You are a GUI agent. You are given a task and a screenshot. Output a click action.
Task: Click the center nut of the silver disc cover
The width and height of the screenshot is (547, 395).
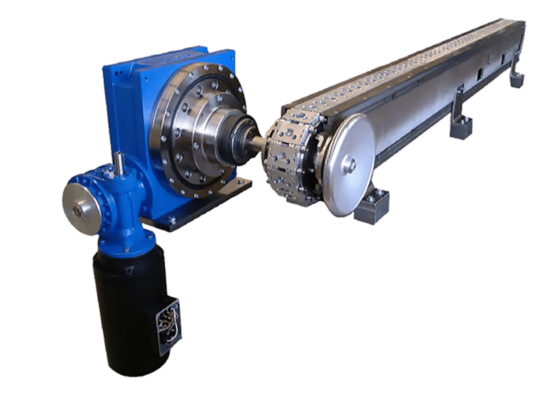349,164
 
